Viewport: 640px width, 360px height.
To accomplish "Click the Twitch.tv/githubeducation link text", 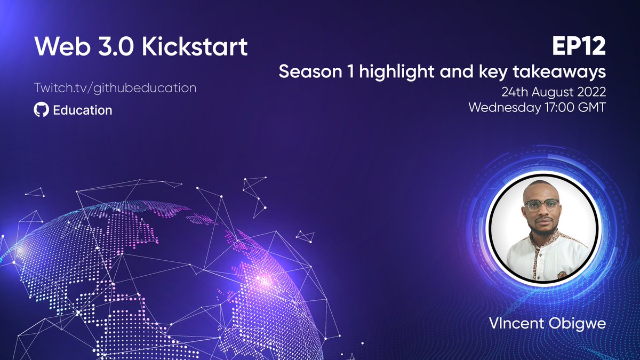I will coord(115,87).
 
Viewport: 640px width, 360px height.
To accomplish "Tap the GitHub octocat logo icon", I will coord(40,110).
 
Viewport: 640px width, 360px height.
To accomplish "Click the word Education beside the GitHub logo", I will coord(82,110).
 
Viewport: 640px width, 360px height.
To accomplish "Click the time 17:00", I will coord(562,107).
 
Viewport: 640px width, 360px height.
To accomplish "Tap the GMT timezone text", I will coord(594,107).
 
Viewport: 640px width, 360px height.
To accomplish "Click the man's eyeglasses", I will coord(541,204).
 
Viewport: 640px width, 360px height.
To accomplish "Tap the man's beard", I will coord(542,230).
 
